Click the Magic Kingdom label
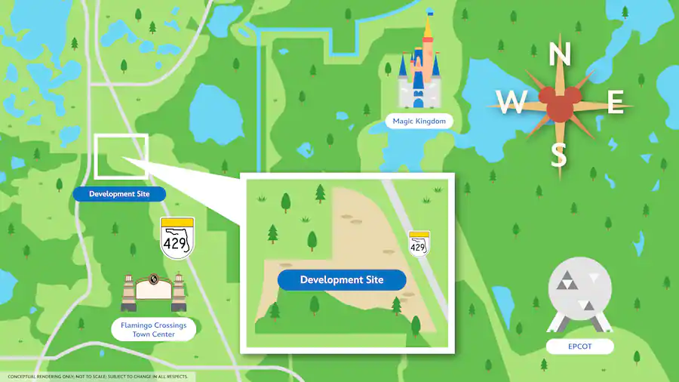tap(419, 121)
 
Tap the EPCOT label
tap(580, 347)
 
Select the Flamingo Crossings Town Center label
tap(153, 329)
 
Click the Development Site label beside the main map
tap(119, 194)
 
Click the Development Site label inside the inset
tap(342, 280)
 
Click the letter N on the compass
tap(558, 55)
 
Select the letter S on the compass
tap(558, 155)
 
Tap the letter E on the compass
tap(615, 102)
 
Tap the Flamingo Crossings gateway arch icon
tap(153, 293)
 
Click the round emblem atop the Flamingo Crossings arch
tap(154, 279)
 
